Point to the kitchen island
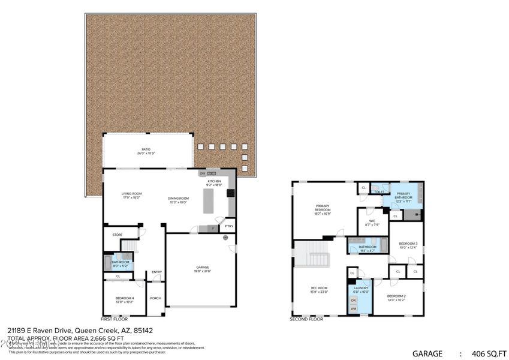point(208,202)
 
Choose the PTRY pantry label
point(228,226)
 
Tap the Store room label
point(117,235)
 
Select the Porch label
point(155,298)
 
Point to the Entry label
point(156,272)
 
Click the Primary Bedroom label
point(323,208)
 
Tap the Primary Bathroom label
point(403,195)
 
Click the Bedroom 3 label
point(408,245)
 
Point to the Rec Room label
point(319,289)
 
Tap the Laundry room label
point(361,290)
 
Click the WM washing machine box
point(353,308)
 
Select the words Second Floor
point(306,319)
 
